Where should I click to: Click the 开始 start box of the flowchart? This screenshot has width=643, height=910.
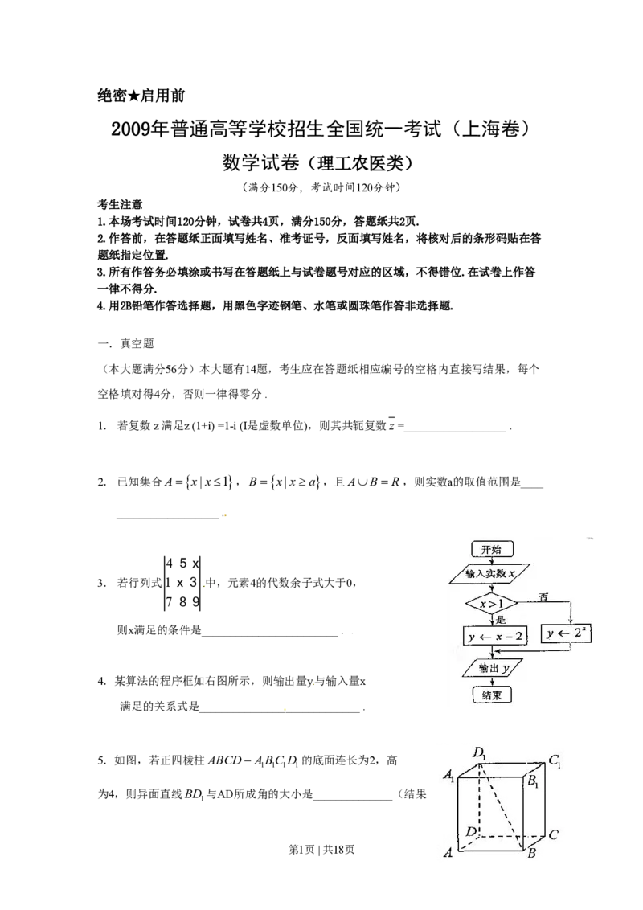[x=490, y=549]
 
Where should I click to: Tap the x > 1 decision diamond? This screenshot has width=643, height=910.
[x=490, y=604]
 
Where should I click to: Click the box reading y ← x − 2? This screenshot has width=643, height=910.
[x=494, y=636]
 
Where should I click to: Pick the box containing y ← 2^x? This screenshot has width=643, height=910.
[x=569, y=634]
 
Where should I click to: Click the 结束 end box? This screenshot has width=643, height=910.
[x=491, y=695]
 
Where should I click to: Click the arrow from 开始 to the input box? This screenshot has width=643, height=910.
[x=490, y=560]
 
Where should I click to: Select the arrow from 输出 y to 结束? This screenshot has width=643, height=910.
[x=490, y=682]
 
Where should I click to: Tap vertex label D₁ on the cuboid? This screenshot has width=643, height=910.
[x=479, y=753]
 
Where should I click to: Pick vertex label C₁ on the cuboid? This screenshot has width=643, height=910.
[x=555, y=758]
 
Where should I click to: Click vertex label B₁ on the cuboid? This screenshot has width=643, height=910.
[x=534, y=781]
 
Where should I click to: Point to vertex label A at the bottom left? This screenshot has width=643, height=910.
[x=448, y=854]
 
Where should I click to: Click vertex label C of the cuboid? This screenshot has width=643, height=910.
[x=554, y=834]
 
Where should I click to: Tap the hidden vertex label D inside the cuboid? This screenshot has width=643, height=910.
[x=472, y=830]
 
